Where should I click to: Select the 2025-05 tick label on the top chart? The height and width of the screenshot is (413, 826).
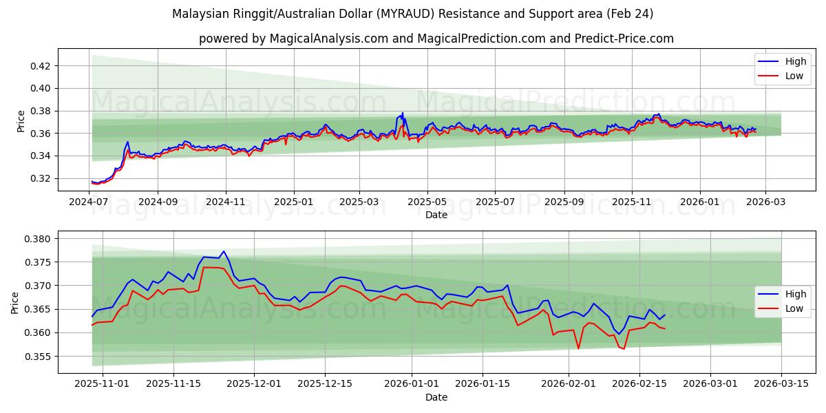pyautogui.click(x=427, y=202)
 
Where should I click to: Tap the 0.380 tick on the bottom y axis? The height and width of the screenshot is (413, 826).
pyautogui.click(x=39, y=239)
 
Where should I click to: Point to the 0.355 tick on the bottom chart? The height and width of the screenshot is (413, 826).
pyautogui.click(x=39, y=357)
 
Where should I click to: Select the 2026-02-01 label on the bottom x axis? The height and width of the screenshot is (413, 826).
pyautogui.click(x=569, y=383)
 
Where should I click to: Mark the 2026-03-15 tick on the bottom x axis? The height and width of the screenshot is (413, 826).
pyautogui.click(x=781, y=383)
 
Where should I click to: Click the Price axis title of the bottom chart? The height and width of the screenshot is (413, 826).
pyautogui.click(x=15, y=303)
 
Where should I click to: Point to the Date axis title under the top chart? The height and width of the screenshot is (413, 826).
pyautogui.click(x=436, y=215)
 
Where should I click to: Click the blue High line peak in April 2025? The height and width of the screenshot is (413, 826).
pyautogui.click(x=403, y=113)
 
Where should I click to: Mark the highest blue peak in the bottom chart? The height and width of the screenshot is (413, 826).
pyautogui.click(x=223, y=251)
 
